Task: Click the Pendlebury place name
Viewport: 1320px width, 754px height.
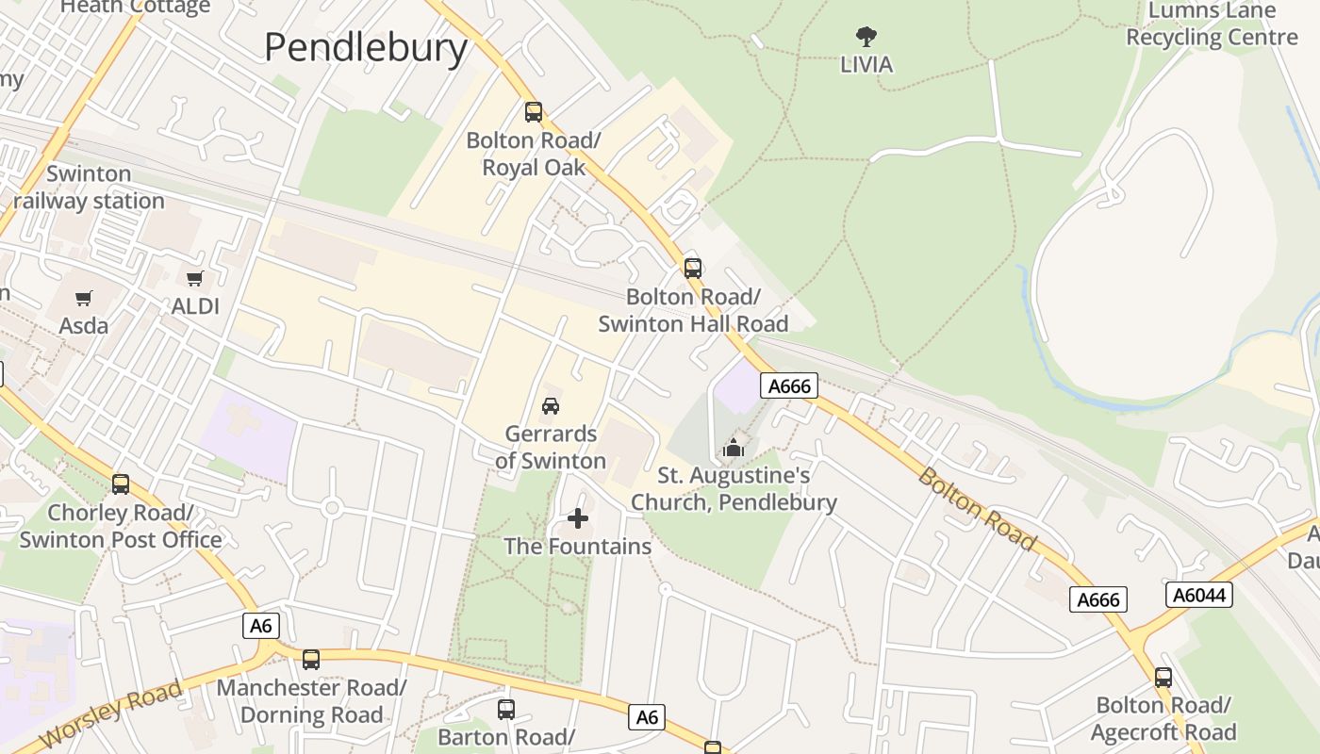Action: tap(366, 47)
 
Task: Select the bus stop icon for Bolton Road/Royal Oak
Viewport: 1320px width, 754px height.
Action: tap(534, 112)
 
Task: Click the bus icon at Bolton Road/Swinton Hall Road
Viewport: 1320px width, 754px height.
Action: tap(693, 269)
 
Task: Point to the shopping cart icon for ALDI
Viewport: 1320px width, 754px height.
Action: tap(195, 278)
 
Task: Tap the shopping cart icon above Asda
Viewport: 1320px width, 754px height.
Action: tap(84, 299)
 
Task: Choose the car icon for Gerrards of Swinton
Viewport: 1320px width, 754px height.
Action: tap(551, 406)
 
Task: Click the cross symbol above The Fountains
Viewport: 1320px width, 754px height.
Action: tap(578, 518)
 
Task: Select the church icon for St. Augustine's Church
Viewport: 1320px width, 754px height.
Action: tap(734, 448)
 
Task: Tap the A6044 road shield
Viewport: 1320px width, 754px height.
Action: tap(1199, 595)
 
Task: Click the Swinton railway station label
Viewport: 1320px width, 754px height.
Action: tap(89, 188)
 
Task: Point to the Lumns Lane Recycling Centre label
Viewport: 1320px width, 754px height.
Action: tap(1212, 25)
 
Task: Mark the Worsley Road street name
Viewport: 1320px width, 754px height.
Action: tap(111, 713)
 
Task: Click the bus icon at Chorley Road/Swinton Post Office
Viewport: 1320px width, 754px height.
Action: tap(121, 484)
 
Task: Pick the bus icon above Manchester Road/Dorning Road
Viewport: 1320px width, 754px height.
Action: tap(311, 660)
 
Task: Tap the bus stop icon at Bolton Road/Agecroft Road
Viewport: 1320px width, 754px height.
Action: tap(1163, 678)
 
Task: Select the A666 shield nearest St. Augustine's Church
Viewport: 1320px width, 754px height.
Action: tap(789, 385)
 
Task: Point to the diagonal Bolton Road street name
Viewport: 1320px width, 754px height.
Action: tap(977, 509)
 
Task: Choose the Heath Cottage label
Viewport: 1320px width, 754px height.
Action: tap(135, 8)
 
